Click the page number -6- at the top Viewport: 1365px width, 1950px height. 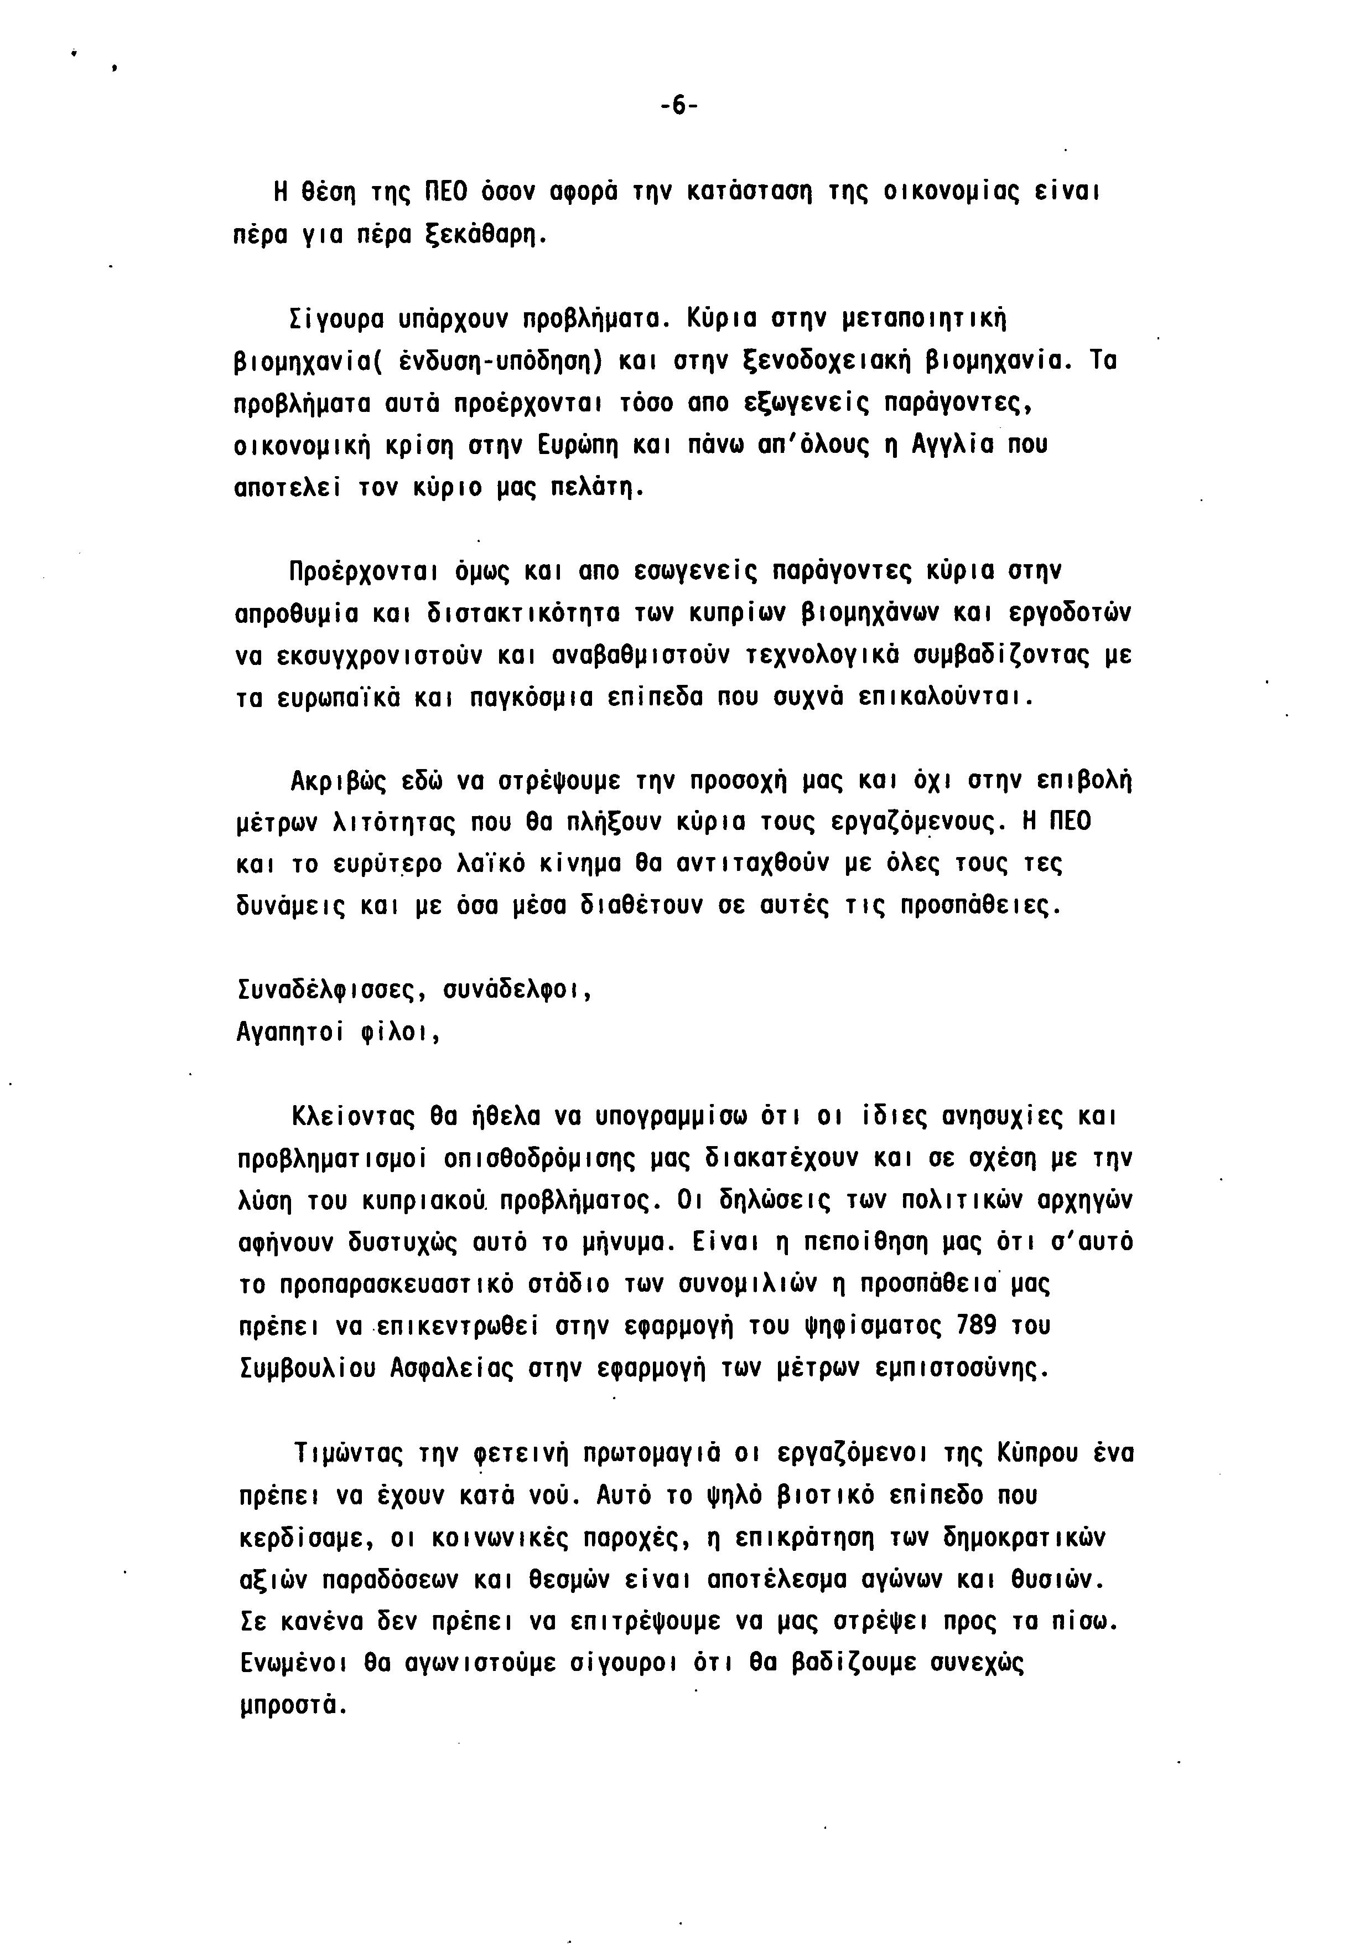pyautogui.click(x=678, y=106)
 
